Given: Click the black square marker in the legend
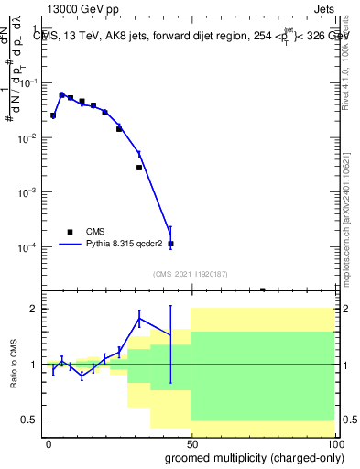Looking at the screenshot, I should point(70,232).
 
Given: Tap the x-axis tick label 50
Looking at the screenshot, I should point(191,443).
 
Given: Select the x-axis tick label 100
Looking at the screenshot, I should point(333,443).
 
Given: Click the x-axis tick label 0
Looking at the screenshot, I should point(49,443).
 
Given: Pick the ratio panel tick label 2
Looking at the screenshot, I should point(33,309).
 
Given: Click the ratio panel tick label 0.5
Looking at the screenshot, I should point(29,420).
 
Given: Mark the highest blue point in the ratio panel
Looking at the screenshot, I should point(139,318).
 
